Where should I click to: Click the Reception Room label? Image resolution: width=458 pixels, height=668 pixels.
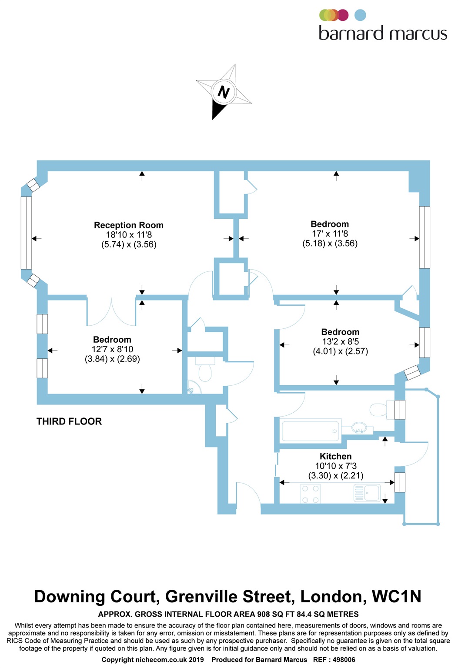pos(129,225)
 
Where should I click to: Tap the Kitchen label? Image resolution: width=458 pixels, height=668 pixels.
pos(335,456)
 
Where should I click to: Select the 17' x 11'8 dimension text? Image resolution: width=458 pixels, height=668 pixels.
pos(330,234)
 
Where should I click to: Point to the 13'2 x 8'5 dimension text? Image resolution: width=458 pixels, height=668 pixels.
pos(340,342)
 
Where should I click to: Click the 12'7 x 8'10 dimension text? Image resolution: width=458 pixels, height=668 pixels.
pos(112,349)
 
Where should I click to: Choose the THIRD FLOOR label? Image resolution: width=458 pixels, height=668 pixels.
pos(69,421)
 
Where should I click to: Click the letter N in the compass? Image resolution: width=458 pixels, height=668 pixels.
pos(224,92)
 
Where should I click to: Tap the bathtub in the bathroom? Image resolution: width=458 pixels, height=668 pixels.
pos(311,431)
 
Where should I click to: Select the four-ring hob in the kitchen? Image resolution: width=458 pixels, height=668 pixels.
pos(311,494)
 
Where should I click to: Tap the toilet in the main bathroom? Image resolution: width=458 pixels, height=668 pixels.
pos(379,409)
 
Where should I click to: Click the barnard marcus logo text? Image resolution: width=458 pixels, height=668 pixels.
pos(383,33)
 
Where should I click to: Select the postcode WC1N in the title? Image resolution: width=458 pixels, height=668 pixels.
pos(397,597)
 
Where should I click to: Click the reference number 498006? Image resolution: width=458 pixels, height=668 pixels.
pos(343,660)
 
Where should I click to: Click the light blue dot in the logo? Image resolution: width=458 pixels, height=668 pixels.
pos(360,15)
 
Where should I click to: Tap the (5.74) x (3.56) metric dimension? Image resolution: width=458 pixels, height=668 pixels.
pos(129,244)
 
